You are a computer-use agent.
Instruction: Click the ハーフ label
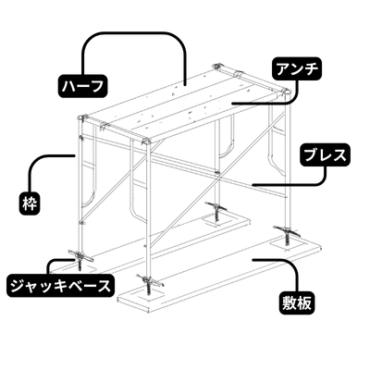(82, 85)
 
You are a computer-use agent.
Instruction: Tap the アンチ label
(295, 68)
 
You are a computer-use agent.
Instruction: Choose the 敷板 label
(299, 302)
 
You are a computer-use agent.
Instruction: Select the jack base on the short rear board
(217, 211)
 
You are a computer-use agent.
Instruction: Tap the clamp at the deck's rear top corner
(227, 69)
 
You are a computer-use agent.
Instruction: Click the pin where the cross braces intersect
(218, 169)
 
